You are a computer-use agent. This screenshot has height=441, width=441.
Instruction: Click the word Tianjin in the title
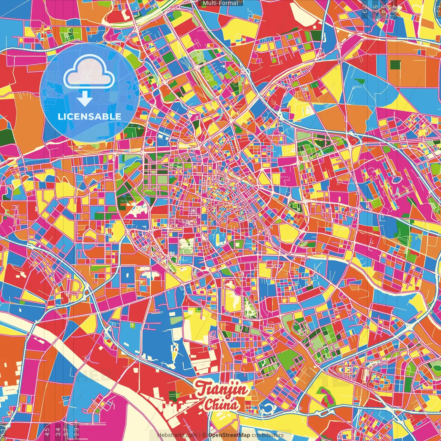222,390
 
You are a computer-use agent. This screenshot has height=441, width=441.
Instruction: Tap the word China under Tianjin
221,405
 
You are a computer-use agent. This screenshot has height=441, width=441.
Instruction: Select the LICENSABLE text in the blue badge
90,116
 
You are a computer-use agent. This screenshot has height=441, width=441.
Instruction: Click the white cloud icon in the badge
89,73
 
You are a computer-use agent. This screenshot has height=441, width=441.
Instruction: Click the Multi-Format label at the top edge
220,3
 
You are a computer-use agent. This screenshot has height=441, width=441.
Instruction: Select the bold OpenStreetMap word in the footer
229,435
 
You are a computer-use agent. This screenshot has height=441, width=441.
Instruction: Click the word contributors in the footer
268,435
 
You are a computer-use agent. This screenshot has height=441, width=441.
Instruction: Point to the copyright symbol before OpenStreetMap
204,435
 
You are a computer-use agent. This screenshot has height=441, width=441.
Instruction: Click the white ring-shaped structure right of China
267,409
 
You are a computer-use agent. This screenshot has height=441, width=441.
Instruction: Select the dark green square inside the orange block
396,65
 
